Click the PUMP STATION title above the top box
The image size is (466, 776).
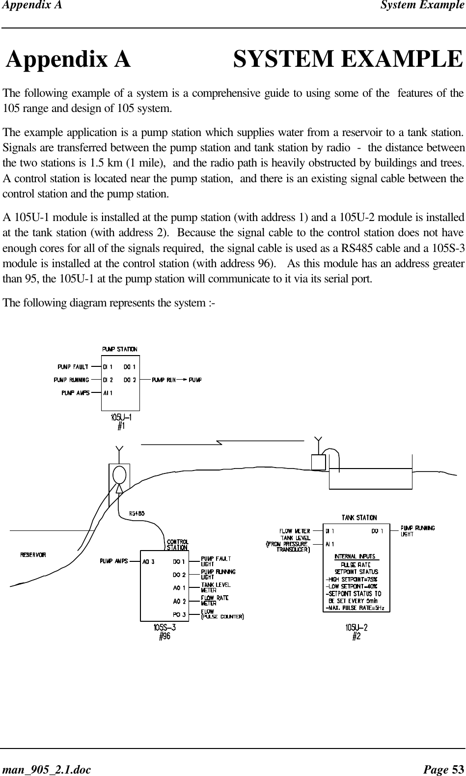[120, 349]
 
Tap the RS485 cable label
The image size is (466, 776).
[137, 513]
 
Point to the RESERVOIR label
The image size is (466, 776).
[33, 555]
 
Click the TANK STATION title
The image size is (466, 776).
[359, 518]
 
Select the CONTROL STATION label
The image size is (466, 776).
[177, 545]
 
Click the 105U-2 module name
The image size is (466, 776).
[356, 627]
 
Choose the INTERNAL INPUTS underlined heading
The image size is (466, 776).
[355, 556]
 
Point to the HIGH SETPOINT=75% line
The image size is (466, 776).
[352, 579]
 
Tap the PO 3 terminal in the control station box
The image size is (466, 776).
[179, 614]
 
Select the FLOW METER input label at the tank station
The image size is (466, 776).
[295, 531]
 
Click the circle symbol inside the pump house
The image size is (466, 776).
[119, 474]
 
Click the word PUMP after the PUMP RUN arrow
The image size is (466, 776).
[195, 380]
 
